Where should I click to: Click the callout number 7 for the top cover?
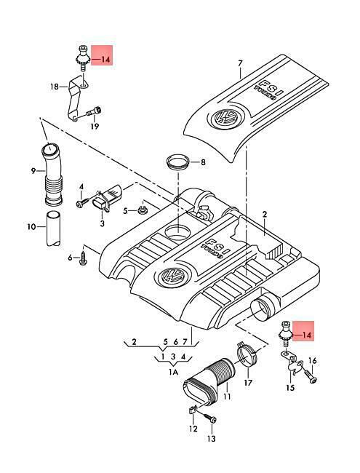tap(240, 63)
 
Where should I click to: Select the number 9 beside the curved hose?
tap(33, 171)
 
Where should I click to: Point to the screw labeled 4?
tap(83, 202)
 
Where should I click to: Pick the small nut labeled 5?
tap(142, 209)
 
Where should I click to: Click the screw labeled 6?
tap(83, 258)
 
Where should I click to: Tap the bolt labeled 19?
tap(94, 111)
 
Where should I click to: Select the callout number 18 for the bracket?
tap(55, 87)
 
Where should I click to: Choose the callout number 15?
tap(290, 387)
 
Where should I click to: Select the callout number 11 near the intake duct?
tap(227, 396)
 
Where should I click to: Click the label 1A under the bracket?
tap(173, 373)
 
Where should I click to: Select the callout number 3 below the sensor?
tap(103, 223)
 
